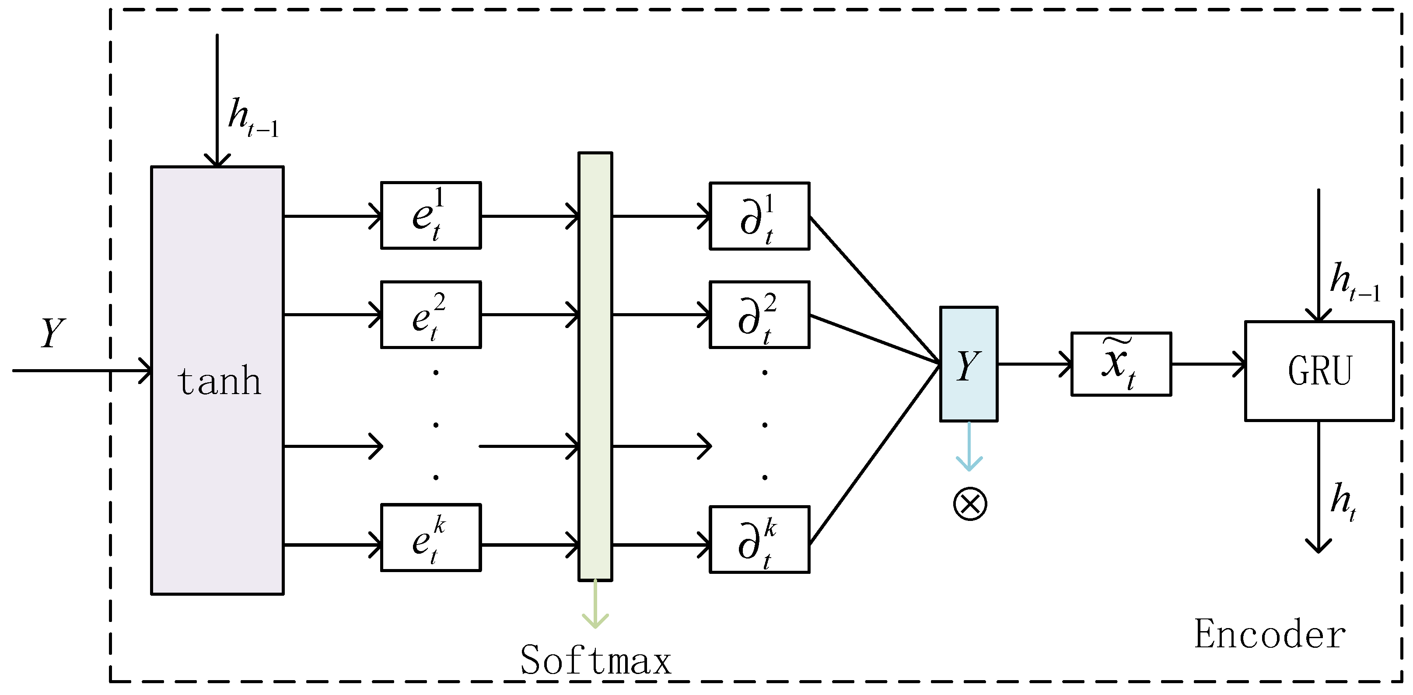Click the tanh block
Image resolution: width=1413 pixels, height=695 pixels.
pyautogui.click(x=217, y=380)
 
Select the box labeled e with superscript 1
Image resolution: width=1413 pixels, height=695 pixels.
pyautogui.click(x=430, y=216)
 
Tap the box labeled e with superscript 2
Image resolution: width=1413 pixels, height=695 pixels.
pyautogui.click(x=430, y=315)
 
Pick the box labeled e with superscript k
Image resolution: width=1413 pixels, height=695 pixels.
pyautogui.click(x=430, y=538)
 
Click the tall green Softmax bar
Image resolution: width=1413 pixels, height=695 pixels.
pyautogui.click(x=595, y=367)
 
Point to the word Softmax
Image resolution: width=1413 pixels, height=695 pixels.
pyautogui.click(x=595, y=660)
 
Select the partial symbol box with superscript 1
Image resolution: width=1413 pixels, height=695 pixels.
pyautogui.click(x=759, y=216)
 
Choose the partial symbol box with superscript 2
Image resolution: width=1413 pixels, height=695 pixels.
pyautogui.click(x=759, y=315)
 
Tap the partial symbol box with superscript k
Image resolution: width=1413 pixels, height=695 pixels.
pyautogui.click(x=759, y=540)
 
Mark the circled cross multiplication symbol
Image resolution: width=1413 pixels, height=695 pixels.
pyautogui.click(x=970, y=504)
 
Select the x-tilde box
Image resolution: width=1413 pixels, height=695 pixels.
pyautogui.click(x=1121, y=363)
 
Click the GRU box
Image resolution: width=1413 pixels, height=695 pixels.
pyautogui.click(x=1319, y=371)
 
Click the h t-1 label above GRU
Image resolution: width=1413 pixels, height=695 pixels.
pyautogui.click(x=1354, y=281)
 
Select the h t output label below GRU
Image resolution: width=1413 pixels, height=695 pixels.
pyautogui.click(x=1342, y=501)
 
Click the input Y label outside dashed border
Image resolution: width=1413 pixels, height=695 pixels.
pyautogui.click(x=52, y=332)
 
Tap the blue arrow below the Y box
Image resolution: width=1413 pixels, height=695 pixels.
pyautogui.click(x=969, y=447)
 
